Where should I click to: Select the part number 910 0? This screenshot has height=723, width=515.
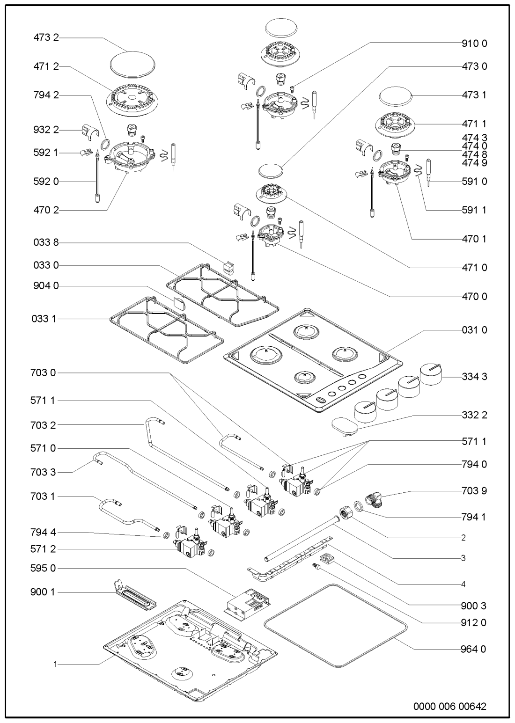[473, 43]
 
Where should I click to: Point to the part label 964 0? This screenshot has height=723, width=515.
[473, 649]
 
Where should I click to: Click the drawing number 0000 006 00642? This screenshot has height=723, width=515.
[449, 707]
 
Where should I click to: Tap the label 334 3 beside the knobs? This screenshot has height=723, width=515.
[473, 377]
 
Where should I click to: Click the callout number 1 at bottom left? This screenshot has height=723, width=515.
[55, 664]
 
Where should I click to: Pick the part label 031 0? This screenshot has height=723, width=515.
[473, 330]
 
